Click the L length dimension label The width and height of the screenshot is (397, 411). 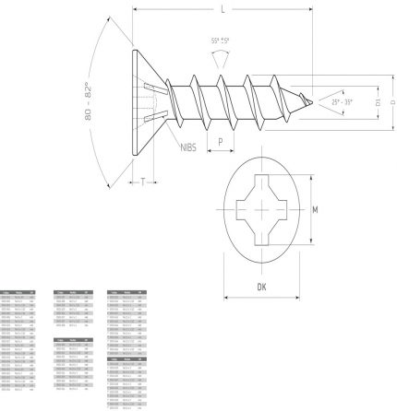coord(223,8)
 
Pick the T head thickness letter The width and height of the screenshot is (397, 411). coord(143,182)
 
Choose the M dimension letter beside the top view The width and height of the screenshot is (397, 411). coord(315,210)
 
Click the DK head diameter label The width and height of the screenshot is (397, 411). coord(263,287)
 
